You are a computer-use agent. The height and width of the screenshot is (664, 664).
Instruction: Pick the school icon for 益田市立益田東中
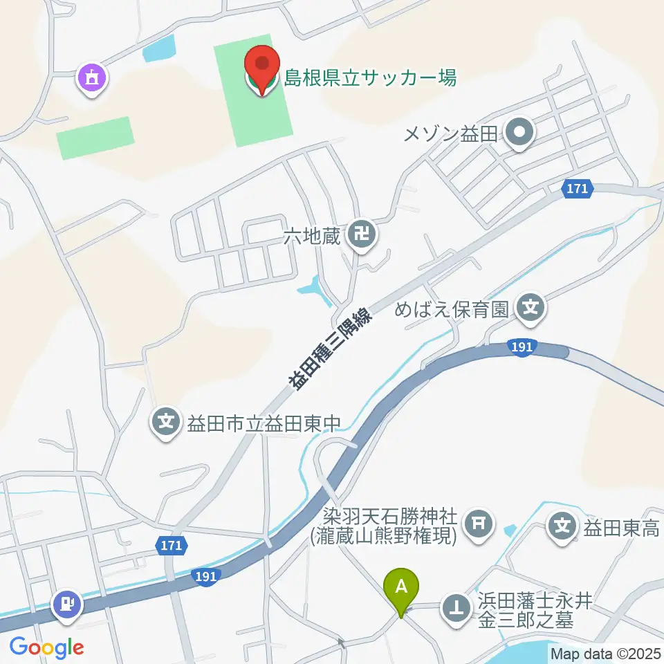pyautogui.click(x=166, y=420)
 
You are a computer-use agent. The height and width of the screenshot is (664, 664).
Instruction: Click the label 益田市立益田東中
pyautogui.click(x=264, y=421)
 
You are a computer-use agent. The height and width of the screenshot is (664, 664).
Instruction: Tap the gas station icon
pyautogui.click(x=67, y=603)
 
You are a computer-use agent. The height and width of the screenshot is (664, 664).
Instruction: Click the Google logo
pyautogui.click(x=46, y=647)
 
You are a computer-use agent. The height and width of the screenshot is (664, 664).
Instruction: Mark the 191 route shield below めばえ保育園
pyautogui.click(x=522, y=348)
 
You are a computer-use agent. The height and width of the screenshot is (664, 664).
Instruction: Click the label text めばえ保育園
pyautogui.click(x=452, y=308)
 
